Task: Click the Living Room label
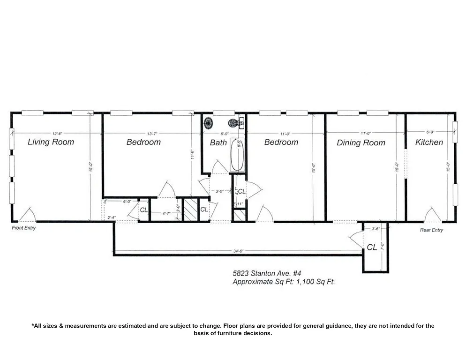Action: [x=51, y=142]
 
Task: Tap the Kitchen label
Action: [x=429, y=142]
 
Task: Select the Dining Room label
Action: [x=361, y=142]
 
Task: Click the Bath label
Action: [x=218, y=142]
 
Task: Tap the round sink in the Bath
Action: [x=208, y=123]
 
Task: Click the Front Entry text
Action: [x=23, y=228]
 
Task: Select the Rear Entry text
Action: [x=431, y=230]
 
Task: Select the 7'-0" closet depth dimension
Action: [x=383, y=245]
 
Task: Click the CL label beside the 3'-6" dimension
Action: [x=372, y=247]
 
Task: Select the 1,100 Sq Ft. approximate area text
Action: [x=316, y=282]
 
